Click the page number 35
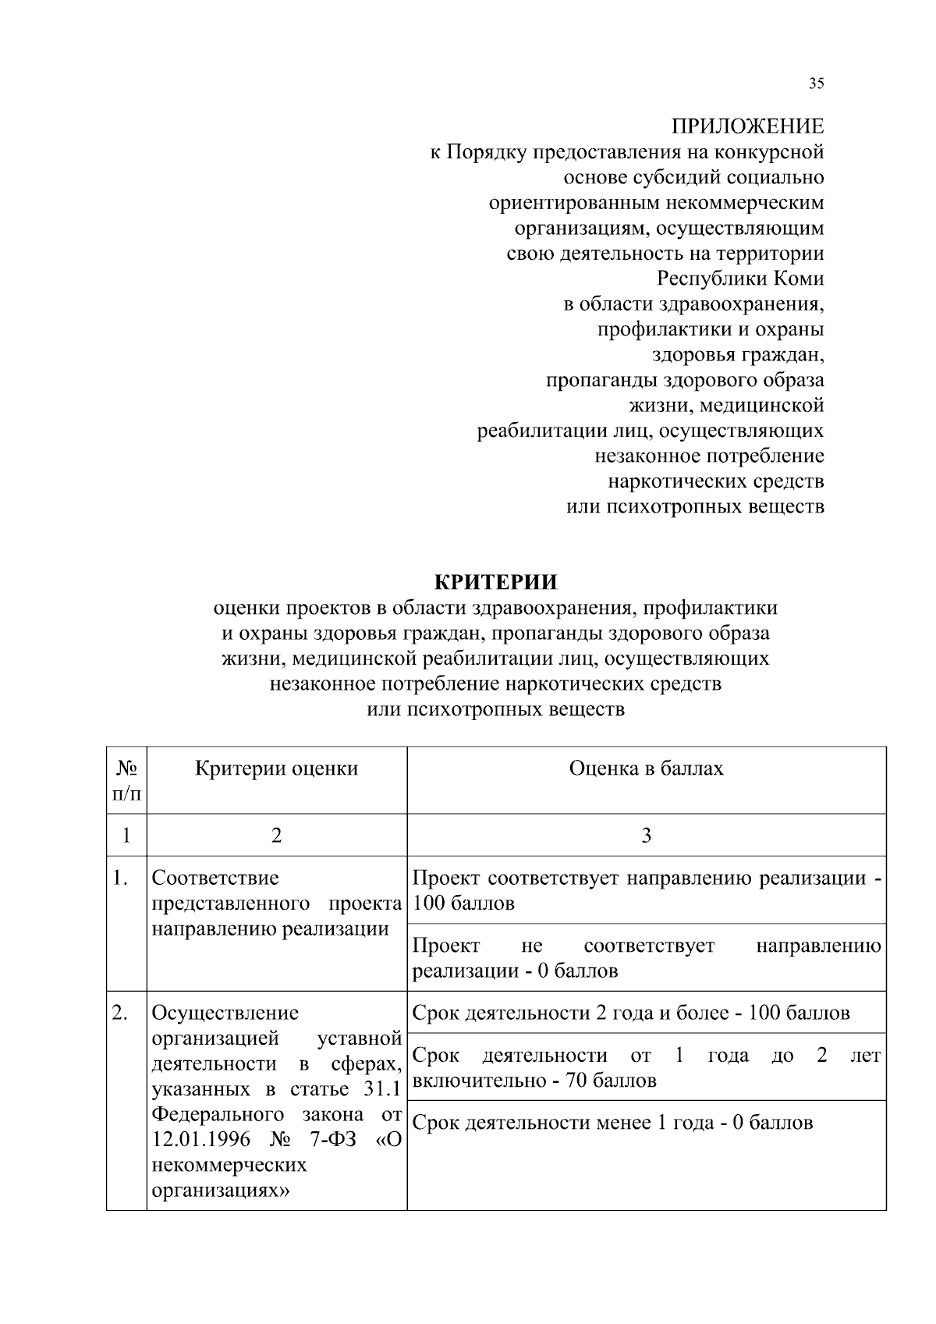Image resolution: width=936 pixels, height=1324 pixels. pos(816,84)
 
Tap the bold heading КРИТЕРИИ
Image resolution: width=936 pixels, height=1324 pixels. pos(495,582)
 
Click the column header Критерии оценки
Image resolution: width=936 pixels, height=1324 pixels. pos(276,768)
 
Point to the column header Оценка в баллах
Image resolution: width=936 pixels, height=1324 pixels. pos(646,768)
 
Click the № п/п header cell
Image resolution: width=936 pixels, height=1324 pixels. pos(126,780)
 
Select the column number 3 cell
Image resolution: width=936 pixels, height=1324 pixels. pos(646,836)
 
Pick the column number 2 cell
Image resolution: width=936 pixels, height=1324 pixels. pos(276,836)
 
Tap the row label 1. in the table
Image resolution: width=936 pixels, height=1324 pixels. pos(119,879)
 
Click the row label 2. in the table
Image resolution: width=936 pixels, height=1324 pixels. pos(119,1013)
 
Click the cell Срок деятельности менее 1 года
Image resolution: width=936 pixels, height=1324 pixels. pos(612,1123)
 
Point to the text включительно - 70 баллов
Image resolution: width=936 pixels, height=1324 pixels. pos(534,1081)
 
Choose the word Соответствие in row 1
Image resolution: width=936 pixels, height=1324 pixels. pos(215,879)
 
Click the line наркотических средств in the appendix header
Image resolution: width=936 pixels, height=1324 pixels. pos(715,481)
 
